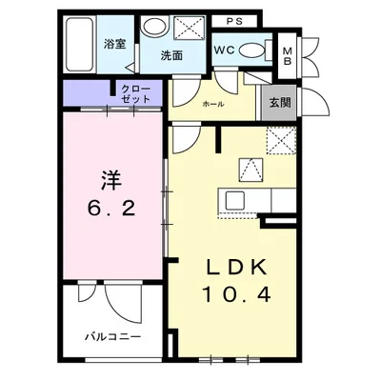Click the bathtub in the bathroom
coord(80,44)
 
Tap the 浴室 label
coord(115,44)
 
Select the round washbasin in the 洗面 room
coord(154,27)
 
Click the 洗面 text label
coord(171,56)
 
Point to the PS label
coord(234,22)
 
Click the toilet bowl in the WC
coord(252,50)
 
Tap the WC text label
coord(224,50)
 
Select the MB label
coord(288,56)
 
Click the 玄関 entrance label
coord(280,103)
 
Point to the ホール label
coord(213,104)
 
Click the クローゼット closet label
coord(136,94)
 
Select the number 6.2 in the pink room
coord(111,210)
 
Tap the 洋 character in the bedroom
coord(111,180)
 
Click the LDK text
coord(236,269)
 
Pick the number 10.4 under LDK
coord(236,294)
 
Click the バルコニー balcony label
coord(112,336)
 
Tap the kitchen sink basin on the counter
coord(234,201)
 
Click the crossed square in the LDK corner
coord(281,140)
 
